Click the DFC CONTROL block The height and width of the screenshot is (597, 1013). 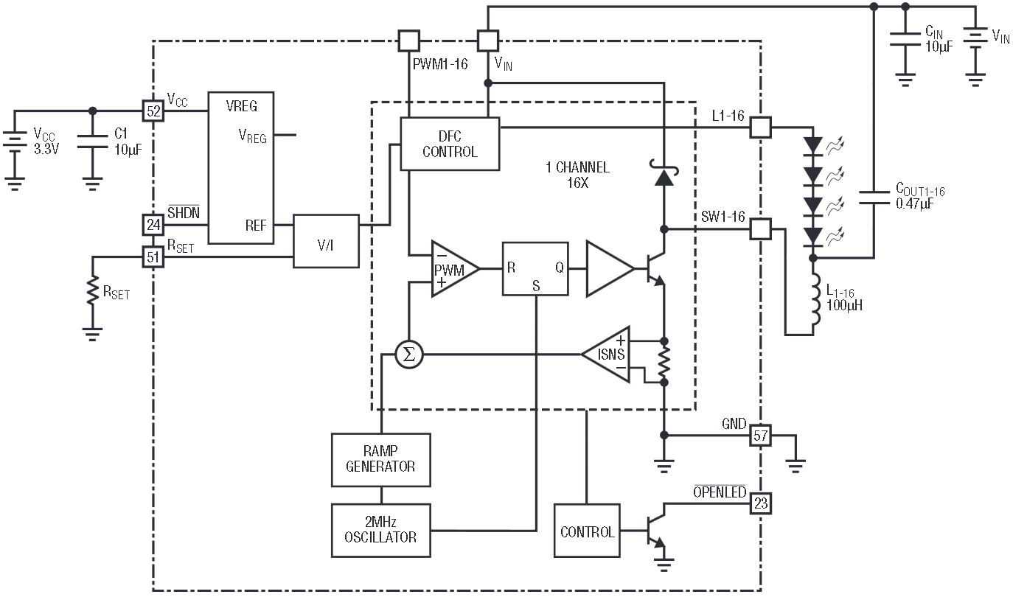[x=450, y=144]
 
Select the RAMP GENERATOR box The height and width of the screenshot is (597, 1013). [x=380, y=460]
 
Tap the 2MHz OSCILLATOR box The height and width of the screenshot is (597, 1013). [x=380, y=530]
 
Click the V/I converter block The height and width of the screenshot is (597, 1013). [x=326, y=241]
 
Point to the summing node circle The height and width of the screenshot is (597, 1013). [x=409, y=355]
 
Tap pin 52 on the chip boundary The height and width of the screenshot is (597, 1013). [x=153, y=111]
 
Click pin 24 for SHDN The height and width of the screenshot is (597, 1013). [x=153, y=225]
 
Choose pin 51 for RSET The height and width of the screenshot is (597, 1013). [x=153, y=257]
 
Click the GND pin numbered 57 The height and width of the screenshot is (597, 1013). [x=760, y=435]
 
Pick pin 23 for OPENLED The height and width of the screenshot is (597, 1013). [x=760, y=503]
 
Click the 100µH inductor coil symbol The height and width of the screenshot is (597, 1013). [x=815, y=299]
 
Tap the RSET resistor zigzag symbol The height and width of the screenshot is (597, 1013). [x=93, y=290]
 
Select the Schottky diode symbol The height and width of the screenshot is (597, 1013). [x=664, y=173]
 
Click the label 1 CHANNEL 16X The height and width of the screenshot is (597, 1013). [x=577, y=175]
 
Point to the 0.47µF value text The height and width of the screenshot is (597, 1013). [x=914, y=204]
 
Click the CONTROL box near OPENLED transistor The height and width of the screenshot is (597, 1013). [x=587, y=530]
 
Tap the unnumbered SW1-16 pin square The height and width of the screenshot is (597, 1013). [x=760, y=229]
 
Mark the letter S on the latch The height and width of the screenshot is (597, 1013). [x=536, y=286]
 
